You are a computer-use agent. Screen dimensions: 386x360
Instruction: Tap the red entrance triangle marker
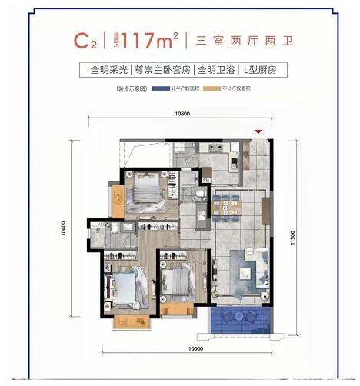click(259, 131)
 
